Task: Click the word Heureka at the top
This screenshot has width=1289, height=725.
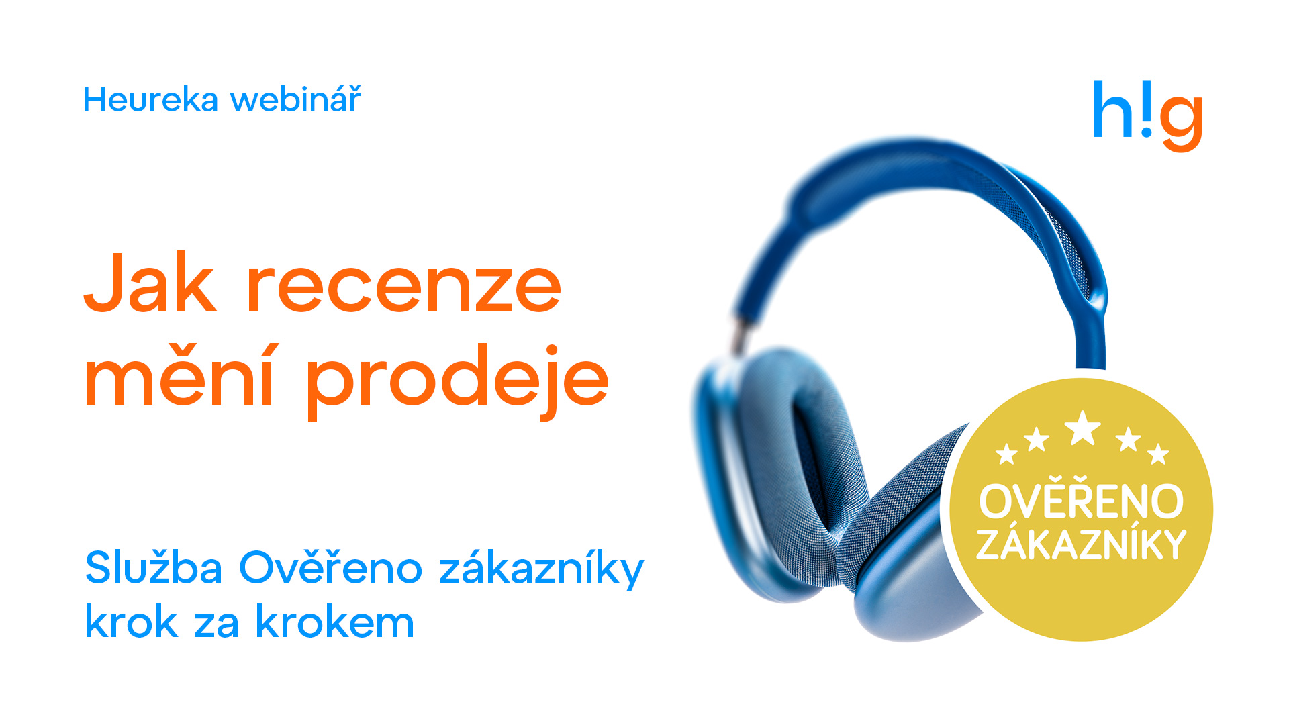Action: click(x=151, y=100)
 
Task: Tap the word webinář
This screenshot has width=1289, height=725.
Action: click(x=296, y=99)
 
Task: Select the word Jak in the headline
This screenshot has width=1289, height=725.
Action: click(x=150, y=283)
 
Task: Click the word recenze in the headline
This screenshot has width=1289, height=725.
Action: click(x=404, y=289)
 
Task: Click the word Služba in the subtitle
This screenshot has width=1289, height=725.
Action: click(x=154, y=567)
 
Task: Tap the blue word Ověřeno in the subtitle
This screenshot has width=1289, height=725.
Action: click(x=330, y=566)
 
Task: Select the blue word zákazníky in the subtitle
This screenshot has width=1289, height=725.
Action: click(x=541, y=569)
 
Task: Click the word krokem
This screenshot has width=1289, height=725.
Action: click(x=335, y=621)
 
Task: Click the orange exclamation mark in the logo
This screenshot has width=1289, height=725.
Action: click(x=1147, y=108)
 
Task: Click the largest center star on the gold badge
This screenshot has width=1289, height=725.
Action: click(x=1083, y=428)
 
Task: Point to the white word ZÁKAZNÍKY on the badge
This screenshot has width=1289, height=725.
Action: click(x=1082, y=544)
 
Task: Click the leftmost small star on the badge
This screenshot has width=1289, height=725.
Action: click(x=1006, y=454)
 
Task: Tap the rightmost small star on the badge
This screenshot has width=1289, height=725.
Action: click(x=1159, y=454)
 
